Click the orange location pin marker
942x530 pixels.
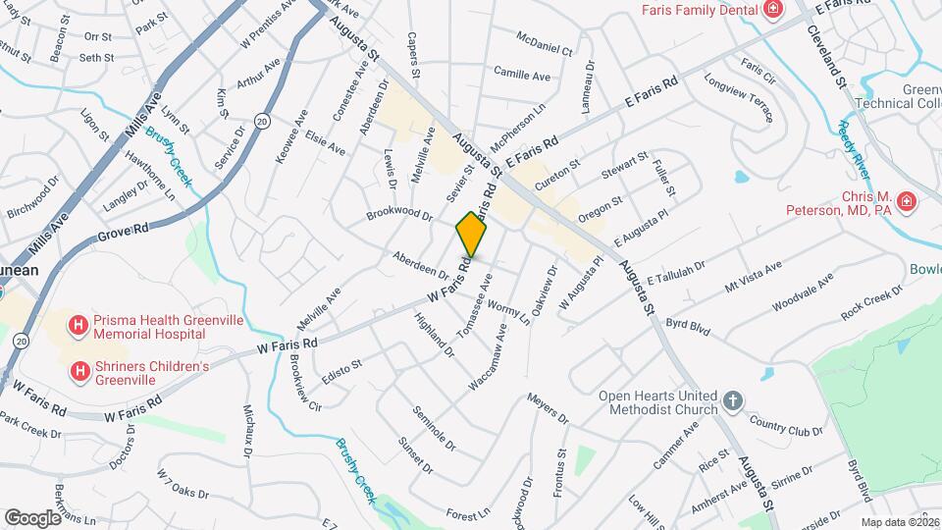472,235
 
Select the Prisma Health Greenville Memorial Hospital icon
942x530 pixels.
78,326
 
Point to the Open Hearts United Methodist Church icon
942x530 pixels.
732,402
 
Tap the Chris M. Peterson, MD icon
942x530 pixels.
907,203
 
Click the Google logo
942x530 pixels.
32,517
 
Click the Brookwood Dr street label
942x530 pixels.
399,213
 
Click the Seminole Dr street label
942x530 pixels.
435,428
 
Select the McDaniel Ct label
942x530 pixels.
545,44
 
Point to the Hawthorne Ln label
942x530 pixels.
149,180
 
